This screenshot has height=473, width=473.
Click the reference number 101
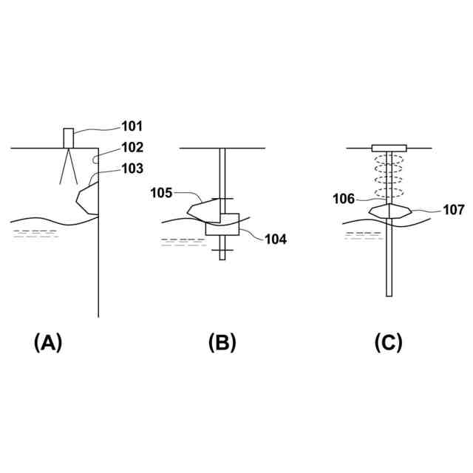pyautogui.click(x=132, y=126)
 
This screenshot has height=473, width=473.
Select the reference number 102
pyautogui.click(x=132, y=147)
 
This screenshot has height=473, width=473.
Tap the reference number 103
pyautogui.click(x=132, y=169)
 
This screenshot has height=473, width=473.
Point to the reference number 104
pyautogui.click(x=276, y=239)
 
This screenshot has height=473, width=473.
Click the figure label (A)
pyautogui.click(x=48, y=343)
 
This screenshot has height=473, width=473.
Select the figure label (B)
pyautogui.click(x=222, y=343)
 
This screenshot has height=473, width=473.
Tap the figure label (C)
pyautogui.click(x=389, y=343)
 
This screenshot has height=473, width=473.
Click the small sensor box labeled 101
pyautogui.click(x=69, y=138)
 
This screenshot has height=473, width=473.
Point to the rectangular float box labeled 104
pyautogui.click(x=222, y=225)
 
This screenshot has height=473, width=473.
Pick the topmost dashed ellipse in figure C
pyautogui.click(x=389, y=160)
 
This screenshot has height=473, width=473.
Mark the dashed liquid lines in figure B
pyautogui.click(x=183, y=242)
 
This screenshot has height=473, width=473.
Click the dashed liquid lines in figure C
pyautogui.click(x=364, y=236)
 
